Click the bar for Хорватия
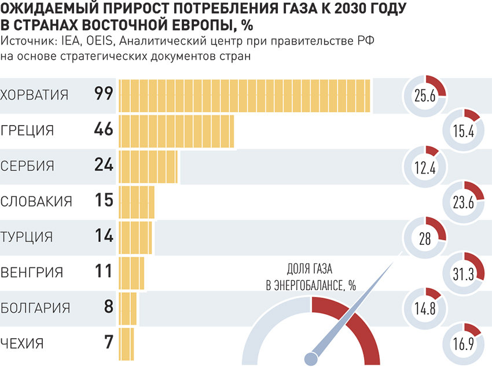(x=245, y=95)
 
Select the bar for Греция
(x=177, y=131)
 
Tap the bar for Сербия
(x=149, y=166)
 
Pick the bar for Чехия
(x=127, y=343)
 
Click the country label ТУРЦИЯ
(x=27, y=237)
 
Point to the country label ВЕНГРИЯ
(x=32, y=272)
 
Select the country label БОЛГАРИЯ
(x=36, y=307)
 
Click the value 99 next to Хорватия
(x=104, y=94)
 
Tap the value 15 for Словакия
(x=104, y=201)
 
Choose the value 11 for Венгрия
(x=104, y=271)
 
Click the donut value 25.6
(x=424, y=97)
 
